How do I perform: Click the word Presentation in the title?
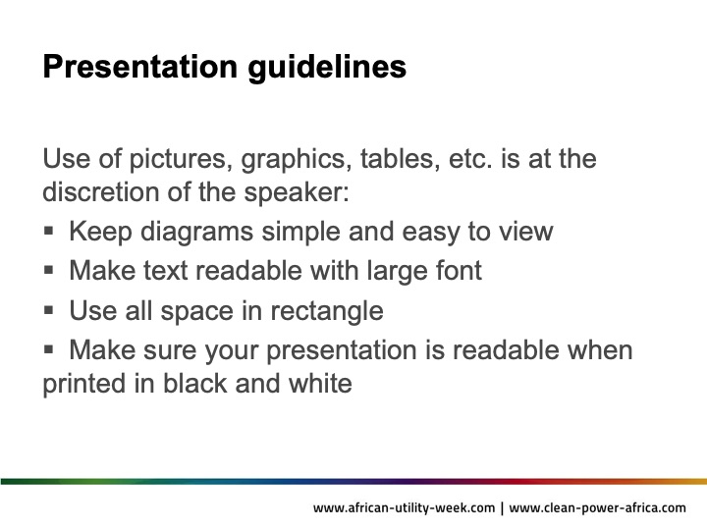click(139, 67)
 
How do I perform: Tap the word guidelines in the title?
click(327, 68)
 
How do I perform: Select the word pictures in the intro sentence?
click(181, 160)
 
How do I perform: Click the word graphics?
click(297, 160)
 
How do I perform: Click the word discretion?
click(100, 192)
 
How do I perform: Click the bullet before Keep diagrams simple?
click(49, 232)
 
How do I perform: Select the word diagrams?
click(196, 233)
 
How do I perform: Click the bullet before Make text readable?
click(49, 271)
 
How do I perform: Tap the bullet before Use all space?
click(49, 310)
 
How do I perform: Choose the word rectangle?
click(327, 312)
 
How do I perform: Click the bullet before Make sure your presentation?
click(49, 349)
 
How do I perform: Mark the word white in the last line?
click(320, 383)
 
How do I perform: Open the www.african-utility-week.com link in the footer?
click(404, 508)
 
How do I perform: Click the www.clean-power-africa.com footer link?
click(597, 508)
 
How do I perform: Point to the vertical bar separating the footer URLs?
click(502, 508)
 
